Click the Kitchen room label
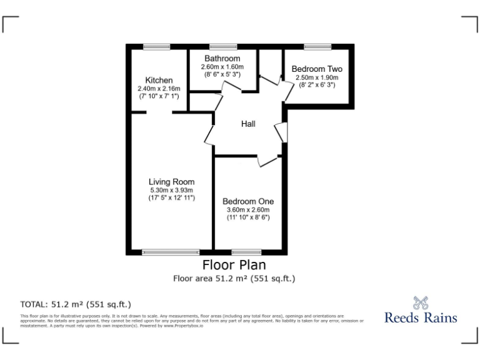(x=159, y=81)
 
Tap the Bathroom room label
(x=222, y=59)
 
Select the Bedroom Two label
(x=317, y=69)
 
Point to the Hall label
(x=248, y=124)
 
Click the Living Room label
(x=172, y=182)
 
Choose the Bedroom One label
(x=248, y=201)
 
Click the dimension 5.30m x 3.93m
(x=172, y=190)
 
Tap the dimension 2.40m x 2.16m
(x=159, y=89)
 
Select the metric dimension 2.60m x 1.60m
(x=222, y=67)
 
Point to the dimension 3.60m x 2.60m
(x=248, y=210)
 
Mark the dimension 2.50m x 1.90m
(x=317, y=77)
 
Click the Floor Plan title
(x=233, y=264)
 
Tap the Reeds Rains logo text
(x=421, y=317)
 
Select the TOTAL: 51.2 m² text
(x=76, y=304)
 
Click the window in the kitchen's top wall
(x=152, y=47)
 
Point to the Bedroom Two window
(x=317, y=47)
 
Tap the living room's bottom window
(x=169, y=252)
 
